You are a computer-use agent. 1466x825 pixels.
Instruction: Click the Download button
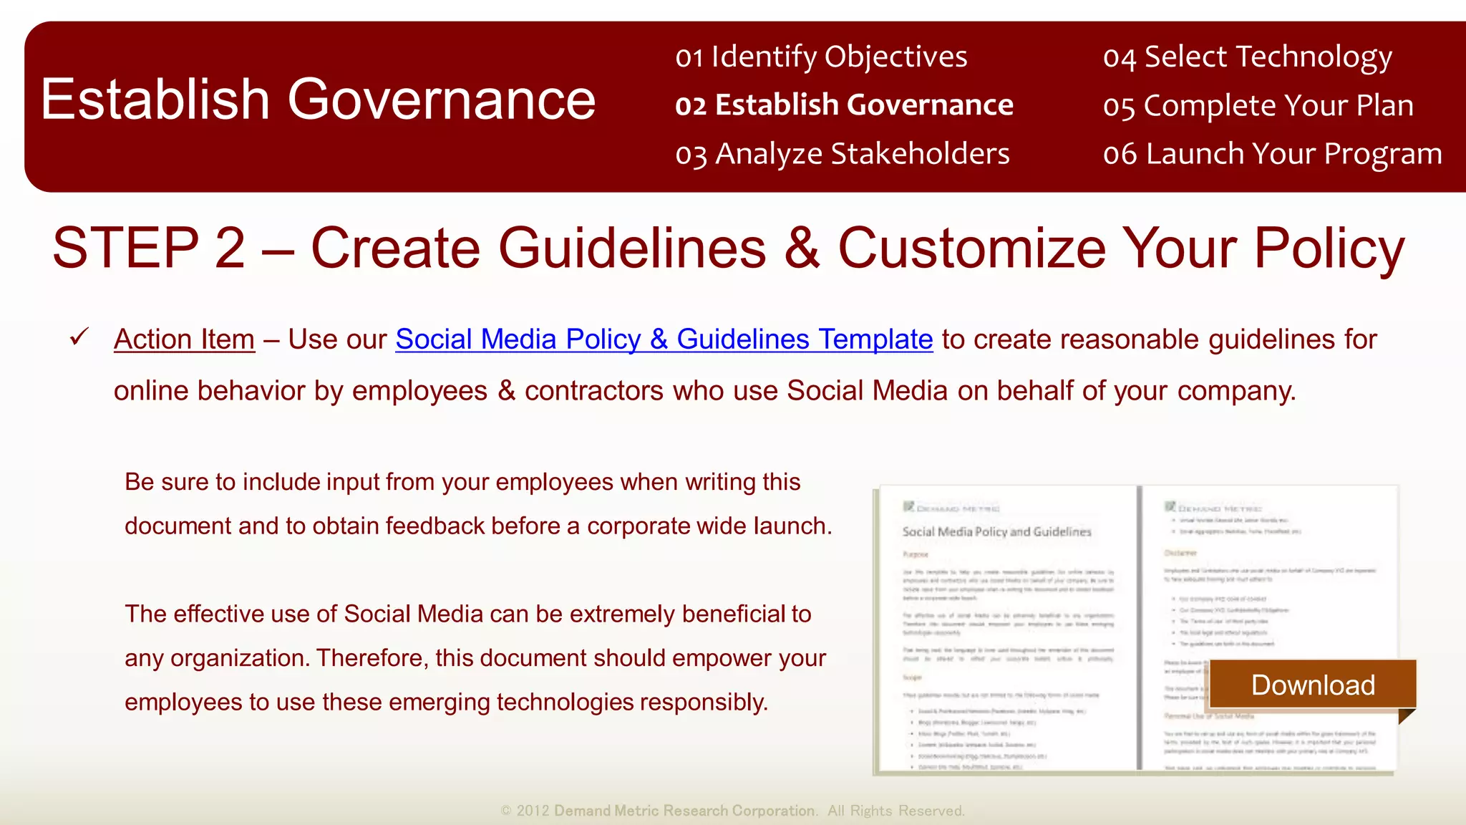(1312, 685)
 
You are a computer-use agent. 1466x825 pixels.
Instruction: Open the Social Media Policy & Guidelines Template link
(664, 339)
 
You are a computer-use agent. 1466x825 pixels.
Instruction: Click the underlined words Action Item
(184, 339)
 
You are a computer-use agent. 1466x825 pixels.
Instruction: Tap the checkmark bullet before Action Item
(79, 337)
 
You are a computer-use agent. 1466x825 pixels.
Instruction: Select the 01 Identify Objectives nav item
(821, 57)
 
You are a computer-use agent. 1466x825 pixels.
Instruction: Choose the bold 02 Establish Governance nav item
(844, 105)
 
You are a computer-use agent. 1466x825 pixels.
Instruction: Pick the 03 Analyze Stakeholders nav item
(843, 154)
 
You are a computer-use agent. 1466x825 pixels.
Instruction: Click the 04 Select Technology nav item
(1247, 57)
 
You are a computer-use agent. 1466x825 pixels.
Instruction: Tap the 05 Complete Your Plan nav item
(1258, 105)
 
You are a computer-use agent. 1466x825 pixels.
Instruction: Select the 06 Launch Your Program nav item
(1272, 154)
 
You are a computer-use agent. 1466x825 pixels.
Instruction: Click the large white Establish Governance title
(318, 100)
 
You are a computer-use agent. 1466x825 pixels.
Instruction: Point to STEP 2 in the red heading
(149, 248)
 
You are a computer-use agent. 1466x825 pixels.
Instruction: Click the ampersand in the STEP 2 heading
(801, 248)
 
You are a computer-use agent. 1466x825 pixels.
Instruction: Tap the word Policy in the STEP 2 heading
(1329, 248)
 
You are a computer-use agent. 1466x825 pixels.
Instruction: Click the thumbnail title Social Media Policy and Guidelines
(996, 531)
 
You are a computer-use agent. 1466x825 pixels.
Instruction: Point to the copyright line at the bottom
(732, 811)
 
